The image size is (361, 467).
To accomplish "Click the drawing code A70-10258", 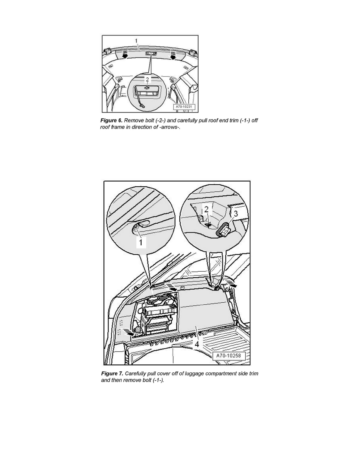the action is pyautogui.click(x=229, y=356).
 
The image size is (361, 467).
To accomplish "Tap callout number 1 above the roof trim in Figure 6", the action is pyautogui.click(x=136, y=41).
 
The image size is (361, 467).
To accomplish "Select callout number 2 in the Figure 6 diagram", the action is pyautogui.click(x=147, y=79).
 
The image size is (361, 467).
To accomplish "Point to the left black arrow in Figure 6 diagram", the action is pyautogui.click(x=125, y=55).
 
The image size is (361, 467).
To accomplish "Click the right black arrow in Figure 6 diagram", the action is pyautogui.click(x=173, y=55).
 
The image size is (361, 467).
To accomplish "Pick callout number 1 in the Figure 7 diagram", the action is pyautogui.click(x=141, y=243).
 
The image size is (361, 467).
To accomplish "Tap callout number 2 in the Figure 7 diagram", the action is pyautogui.click(x=206, y=209).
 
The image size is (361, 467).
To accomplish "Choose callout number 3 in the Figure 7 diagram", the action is pyautogui.click(x=236, y=213).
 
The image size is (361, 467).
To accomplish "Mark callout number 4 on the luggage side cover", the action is pyautogui.click(x=197, y=344).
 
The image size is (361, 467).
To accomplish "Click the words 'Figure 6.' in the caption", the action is pyautogui.click(x=111, y=121).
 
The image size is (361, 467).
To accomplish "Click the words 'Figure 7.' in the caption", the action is pyautogui.click(x=112, y=373).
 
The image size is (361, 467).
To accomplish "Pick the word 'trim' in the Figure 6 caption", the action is pyautogui.click(x=234, y=121).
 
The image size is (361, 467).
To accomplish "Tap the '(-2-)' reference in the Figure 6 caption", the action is pyautogui.click(x=161, y=121).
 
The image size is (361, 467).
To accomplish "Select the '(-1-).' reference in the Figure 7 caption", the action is pyautogui.click(x=158, y=381).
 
